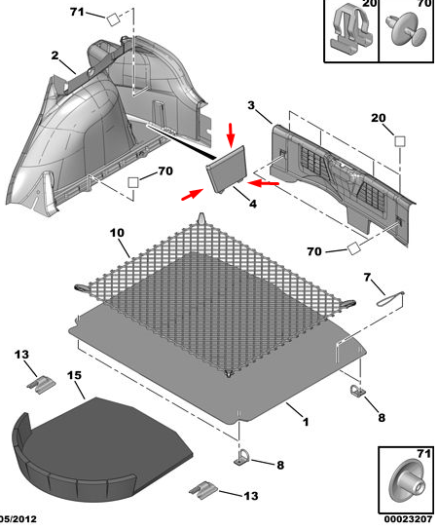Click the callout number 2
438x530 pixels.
[x=55, y=56]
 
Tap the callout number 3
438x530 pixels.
[x=251, y=105]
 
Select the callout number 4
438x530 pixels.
[x=253, y=204]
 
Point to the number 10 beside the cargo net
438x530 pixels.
[x=117, y=233]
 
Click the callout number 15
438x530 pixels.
[x=74, y=375]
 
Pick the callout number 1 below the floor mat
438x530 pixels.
[x=306, y=422]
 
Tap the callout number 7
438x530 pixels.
[x=367, y=277]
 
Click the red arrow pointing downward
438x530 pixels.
[x=231, y=135]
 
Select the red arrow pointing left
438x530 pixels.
[x=263, y=183]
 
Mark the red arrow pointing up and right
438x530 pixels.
[x=192, y=195]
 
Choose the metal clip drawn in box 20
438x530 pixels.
[x=351, y=30]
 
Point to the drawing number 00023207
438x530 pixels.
[x=408, y=519]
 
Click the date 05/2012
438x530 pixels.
[x=18, y=519]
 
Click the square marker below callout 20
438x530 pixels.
[x=400, y=141]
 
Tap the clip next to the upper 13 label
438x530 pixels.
[x=41, y=385]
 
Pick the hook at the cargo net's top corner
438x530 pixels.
[x=201, y=217]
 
